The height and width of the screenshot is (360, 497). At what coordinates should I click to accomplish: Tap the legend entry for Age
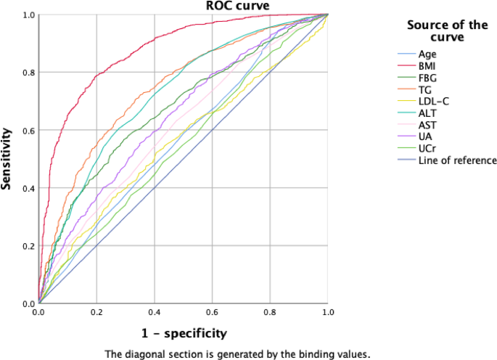(x=427, y=54)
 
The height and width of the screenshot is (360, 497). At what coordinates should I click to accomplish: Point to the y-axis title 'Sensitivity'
(x=8, y=159)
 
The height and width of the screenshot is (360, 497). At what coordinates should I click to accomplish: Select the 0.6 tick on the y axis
(x=27, y=130)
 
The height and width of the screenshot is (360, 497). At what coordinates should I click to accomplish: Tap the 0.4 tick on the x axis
(x=154, y=313)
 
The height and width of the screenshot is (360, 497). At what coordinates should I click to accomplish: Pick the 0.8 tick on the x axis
(x=270, y=313)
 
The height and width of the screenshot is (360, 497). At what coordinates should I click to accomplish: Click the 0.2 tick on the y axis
(x=27, y=246)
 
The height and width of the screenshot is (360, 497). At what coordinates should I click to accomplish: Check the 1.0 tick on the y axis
(x=27, y=15)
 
